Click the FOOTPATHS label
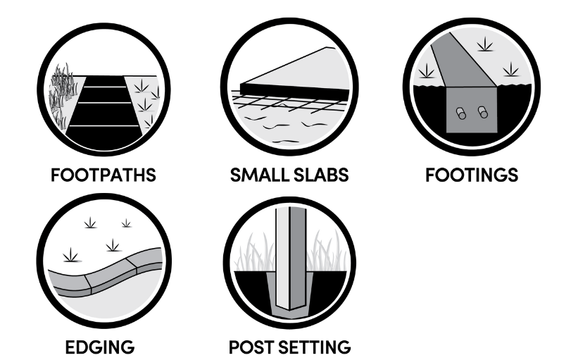103,175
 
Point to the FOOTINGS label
472,175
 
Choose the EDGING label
100,347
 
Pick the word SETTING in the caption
315,347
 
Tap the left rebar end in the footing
460,113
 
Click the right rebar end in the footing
483,112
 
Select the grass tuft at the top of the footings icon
485,44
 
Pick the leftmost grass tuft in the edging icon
70,255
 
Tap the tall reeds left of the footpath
63,94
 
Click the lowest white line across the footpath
104,126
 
